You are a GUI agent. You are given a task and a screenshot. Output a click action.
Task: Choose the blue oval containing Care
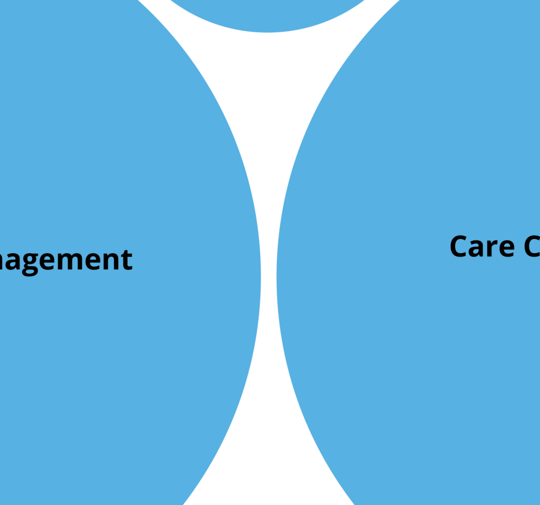(411, 343)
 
